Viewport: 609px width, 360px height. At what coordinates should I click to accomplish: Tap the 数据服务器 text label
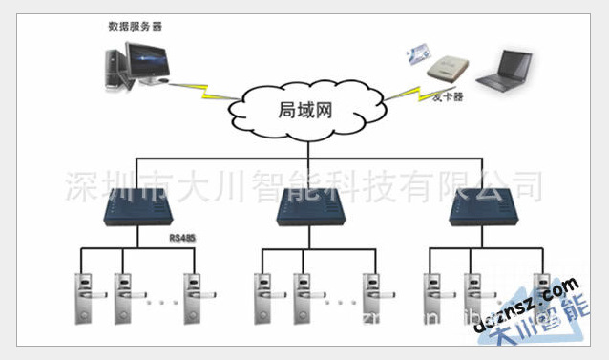(x=135, y=27)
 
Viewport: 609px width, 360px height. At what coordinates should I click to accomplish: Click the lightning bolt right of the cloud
(x=400, y=93)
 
